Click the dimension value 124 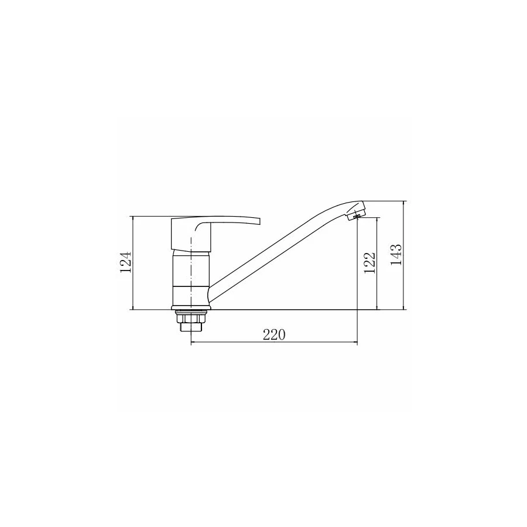click(x=126, y=262)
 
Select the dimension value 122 click(x=369, y=263)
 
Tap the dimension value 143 click(x=396, y=255)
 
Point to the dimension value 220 click(x=274, y=335)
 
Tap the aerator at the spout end click(x=355, y=214)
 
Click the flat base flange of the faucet click(x=191, y=307)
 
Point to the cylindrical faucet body click(x=191, y=278)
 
